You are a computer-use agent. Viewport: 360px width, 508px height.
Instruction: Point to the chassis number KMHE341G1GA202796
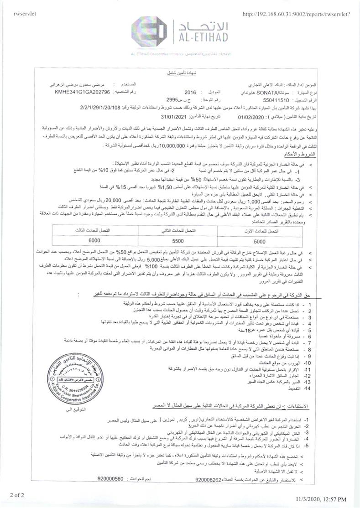76,92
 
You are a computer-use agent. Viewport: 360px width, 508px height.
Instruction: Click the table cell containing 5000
259,240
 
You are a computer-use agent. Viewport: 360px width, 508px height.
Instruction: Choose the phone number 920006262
208,479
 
